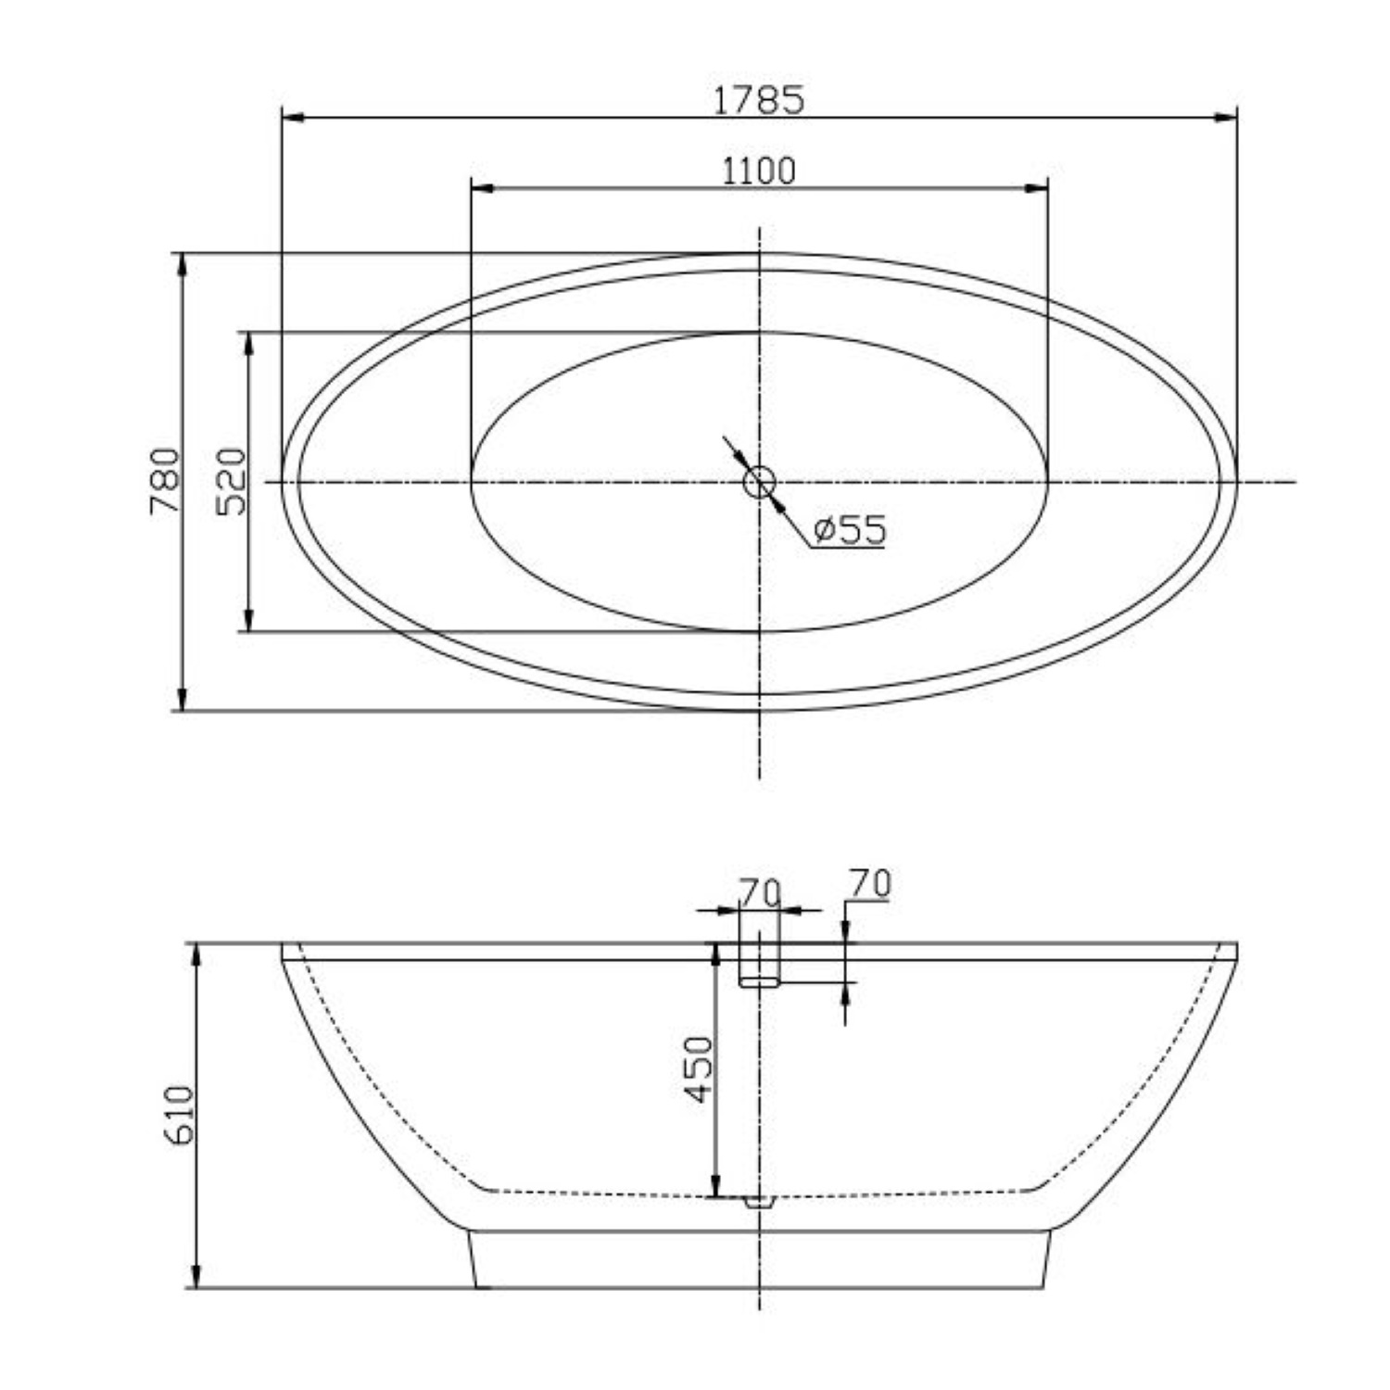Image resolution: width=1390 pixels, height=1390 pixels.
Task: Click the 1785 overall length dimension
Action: pyautogui.click(x=759, y=99)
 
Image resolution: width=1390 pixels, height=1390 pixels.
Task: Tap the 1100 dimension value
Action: pyautogui.click(x=759, y=171)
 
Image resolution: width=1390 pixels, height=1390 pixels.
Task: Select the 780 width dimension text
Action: pyautogui.click(x=163, y=481)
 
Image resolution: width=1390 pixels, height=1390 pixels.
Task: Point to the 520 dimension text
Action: pyautogui.click(x=231, y=481)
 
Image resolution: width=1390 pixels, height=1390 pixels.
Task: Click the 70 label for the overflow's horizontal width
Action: pyautogui.click(x=760, y=891)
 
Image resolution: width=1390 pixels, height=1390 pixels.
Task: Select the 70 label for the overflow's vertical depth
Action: pyautogui.click(x=869, y=884)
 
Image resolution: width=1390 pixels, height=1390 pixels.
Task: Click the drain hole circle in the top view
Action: pyautogui.click(x=759, y=482)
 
